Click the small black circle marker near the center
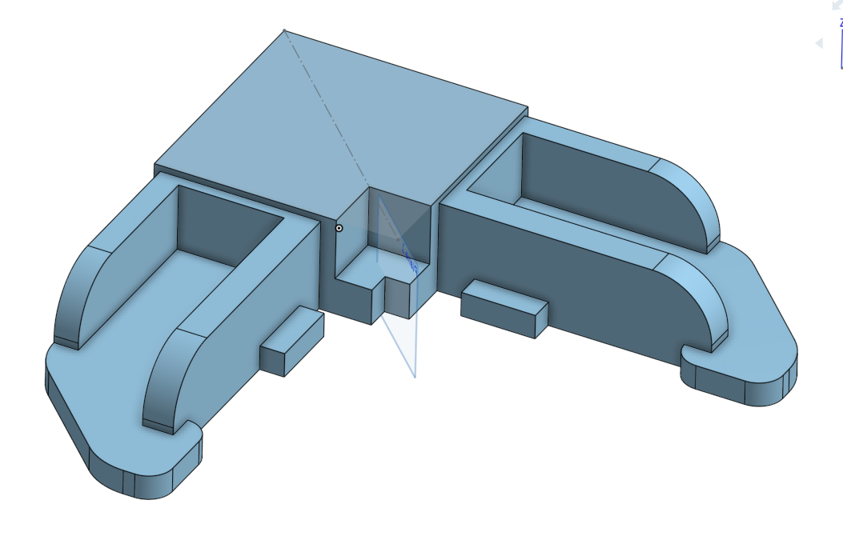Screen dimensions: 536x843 (x=339, y=228)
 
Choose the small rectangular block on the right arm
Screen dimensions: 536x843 (x=504, y=308)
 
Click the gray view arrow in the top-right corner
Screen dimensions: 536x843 (x=819, y=43)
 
